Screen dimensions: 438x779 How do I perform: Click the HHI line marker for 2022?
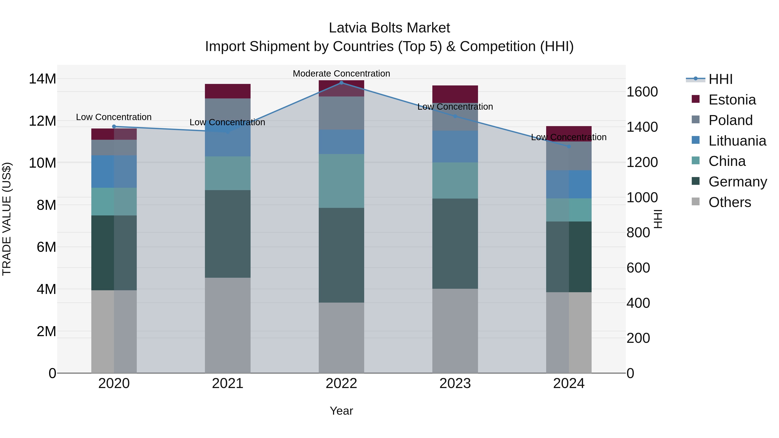pyautogui.click(x=341, y=83)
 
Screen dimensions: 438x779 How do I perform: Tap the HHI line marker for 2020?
pyautogui.click(x=114, y=126)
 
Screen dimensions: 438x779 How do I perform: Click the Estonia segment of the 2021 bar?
pyautogui.click(x=228, y=91)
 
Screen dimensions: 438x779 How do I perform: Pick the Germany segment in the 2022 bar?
pyautogui.click(x=341, y=255)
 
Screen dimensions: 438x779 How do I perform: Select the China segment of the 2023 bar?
pyautogui.click(x=455, y=180)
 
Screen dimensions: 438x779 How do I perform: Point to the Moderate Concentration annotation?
pyautogui.click(x=341, y=74)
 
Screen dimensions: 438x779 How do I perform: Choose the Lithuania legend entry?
pyautogui.click(x=737, y=141)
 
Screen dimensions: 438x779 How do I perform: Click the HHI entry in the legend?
pyautogui.click(x=720, y=79)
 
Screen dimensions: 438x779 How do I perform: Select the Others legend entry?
pyautogui.click(x=729, y=202)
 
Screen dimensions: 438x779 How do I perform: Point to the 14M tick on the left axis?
pyautogui.click(x=42, y=79)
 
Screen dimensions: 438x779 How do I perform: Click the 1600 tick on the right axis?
pyautogui.click(x=642, y=92)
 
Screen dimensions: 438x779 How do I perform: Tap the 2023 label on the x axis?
pyautogui.click(x=455, y=383)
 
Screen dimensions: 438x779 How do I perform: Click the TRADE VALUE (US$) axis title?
pyautogui.click(x=7, y=219)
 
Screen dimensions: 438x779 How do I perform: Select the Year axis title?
pyautogui.click(x=341, y=411)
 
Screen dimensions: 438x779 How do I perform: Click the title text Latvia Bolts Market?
pyautogui.click(x=389, y=28)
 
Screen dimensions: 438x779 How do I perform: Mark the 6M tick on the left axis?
pyautogui.click(x=46, y=247)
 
